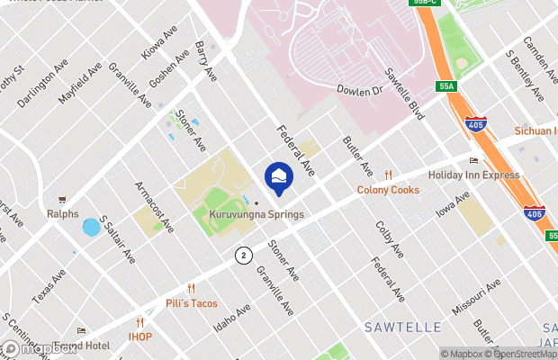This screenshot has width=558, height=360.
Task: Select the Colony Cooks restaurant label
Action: tap(388, 190)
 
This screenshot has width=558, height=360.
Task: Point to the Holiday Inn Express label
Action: tap(473, 175)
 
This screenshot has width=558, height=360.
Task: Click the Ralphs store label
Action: tap(62, 213)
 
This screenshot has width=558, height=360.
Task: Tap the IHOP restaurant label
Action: tap(139, 337)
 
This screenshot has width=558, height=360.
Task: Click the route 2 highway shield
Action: tap(243, 256)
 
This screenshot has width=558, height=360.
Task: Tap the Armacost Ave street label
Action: tap(153, 207)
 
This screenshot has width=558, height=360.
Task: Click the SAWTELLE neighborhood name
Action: tap(401, 325)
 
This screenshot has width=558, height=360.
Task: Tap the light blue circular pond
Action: tap(91, 228)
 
